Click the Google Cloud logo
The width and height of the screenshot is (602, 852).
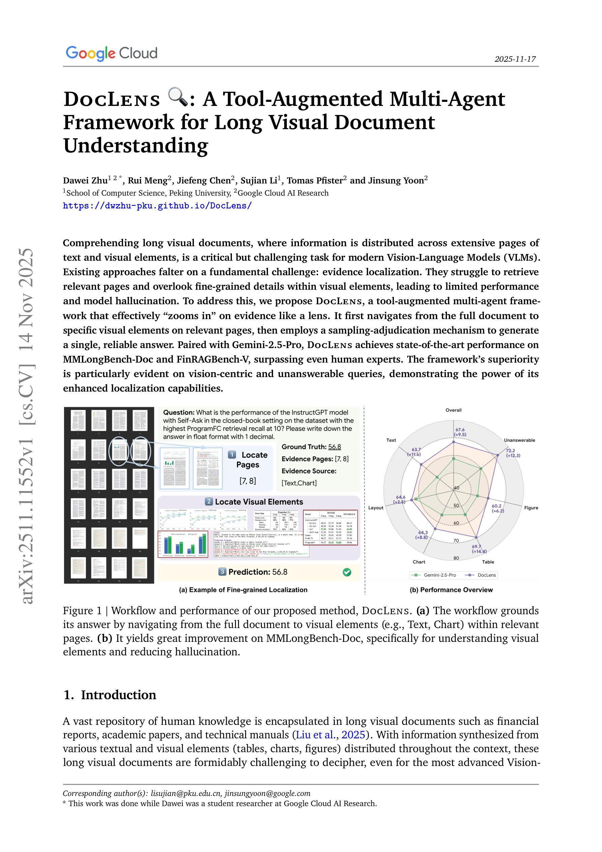coord(112,53)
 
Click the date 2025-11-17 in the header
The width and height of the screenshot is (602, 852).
coord(515,59)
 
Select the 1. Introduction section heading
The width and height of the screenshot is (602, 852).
coord(110,695)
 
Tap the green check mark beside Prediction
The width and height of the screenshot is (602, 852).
coord(347,572)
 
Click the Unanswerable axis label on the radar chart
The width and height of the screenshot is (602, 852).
coord(519,440)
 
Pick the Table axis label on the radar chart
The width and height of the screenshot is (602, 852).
coord(488,562)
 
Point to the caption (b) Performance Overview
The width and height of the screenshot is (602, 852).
coord(451,590)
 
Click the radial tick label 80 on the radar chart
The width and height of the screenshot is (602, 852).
coord(456,558)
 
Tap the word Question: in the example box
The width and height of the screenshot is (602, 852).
coord(179,413)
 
